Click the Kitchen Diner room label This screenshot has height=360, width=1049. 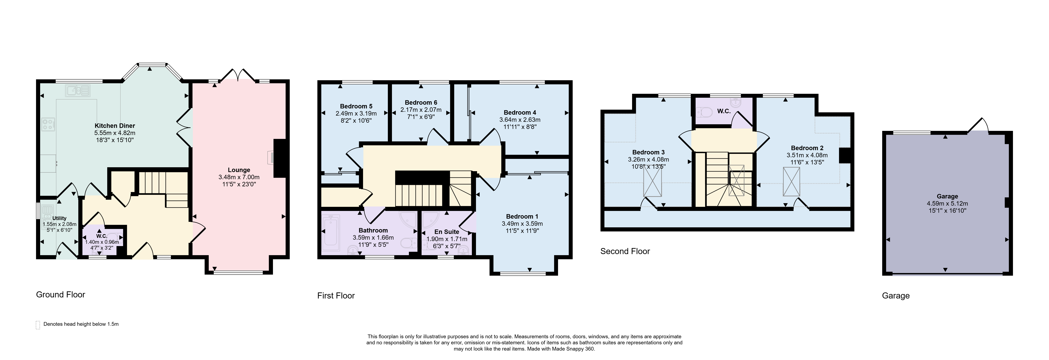(115, 126)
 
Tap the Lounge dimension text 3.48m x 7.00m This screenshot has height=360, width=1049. (239, 177)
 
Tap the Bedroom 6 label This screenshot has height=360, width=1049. (421, 103)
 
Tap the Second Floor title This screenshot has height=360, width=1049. (625, 251)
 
